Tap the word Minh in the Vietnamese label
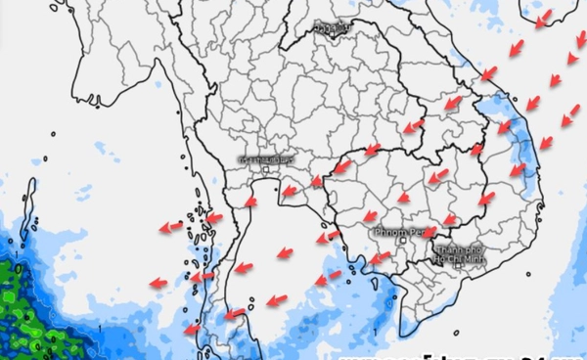474,259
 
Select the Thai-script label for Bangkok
268,159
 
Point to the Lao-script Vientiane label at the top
334,27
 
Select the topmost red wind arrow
543,17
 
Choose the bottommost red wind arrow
192,331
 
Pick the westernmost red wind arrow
158,283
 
